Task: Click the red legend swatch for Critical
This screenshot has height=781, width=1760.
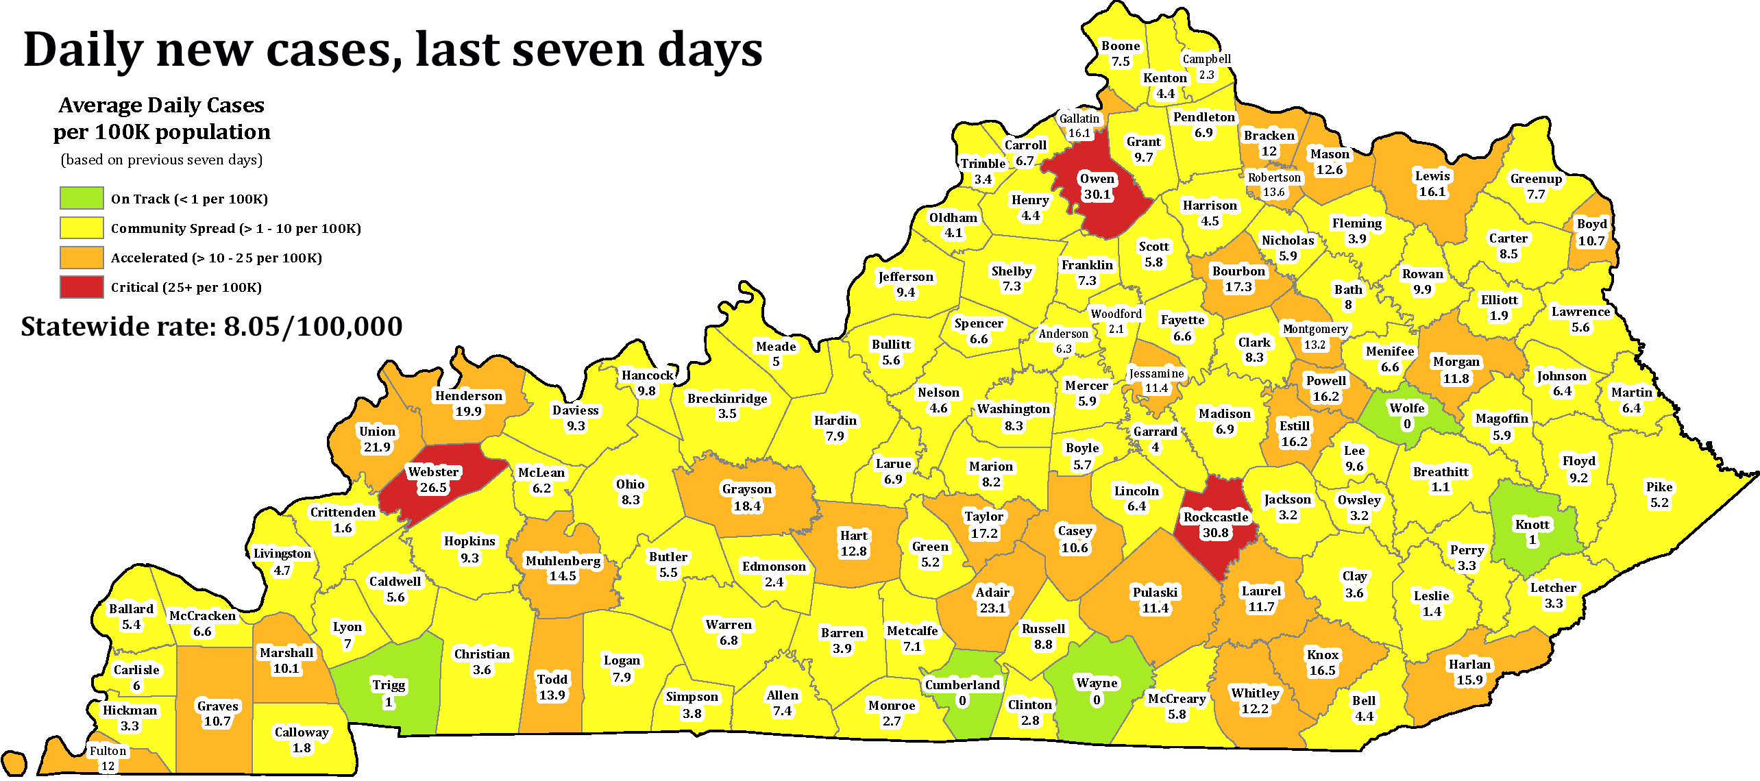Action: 82,287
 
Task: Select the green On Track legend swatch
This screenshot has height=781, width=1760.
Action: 82,199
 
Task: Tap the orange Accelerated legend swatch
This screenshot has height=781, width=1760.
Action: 82,258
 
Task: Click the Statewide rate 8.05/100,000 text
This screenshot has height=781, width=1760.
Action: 212,327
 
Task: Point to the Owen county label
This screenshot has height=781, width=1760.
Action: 1097,179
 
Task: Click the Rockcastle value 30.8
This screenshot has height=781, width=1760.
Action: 1215,532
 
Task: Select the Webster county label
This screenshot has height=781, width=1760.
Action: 433,471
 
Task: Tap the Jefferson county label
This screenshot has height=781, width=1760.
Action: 905,277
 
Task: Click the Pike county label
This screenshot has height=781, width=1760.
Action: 1659,487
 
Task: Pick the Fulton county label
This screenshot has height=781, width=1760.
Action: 108,751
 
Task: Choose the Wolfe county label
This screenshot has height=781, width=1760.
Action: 1407,408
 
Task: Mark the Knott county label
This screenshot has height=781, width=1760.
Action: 1532,525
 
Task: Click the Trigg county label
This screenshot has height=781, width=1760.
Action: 389,685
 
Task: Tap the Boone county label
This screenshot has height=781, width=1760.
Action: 1121,46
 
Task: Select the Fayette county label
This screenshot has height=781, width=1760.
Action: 1182,320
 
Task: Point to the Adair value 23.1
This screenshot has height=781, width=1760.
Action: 992,608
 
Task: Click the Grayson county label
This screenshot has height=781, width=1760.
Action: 747,489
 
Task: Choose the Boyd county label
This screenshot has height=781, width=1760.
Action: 1592,224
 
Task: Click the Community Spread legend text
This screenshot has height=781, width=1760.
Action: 236,228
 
